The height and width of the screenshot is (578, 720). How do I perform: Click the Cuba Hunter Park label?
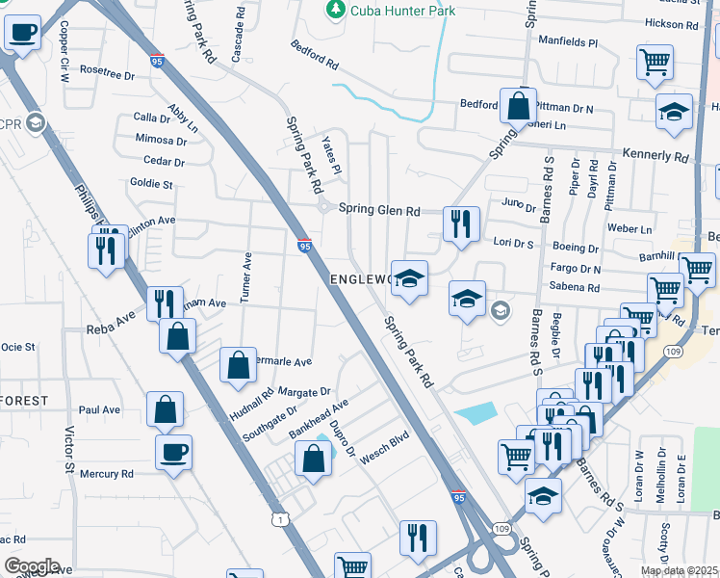(402, 11)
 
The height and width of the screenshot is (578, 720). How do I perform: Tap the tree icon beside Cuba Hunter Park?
(335, 10)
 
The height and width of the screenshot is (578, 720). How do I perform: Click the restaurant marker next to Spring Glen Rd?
(460, 224)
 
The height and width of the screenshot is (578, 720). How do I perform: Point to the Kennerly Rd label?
(656, 155)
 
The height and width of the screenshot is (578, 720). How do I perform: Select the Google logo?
(32, 565)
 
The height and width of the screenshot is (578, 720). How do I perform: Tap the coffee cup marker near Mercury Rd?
(173, 451)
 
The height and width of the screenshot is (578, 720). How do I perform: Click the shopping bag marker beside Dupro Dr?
(314, 458)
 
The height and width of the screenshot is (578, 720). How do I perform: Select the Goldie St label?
(151, 183)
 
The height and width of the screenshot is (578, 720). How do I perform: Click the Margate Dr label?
(304, 392)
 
